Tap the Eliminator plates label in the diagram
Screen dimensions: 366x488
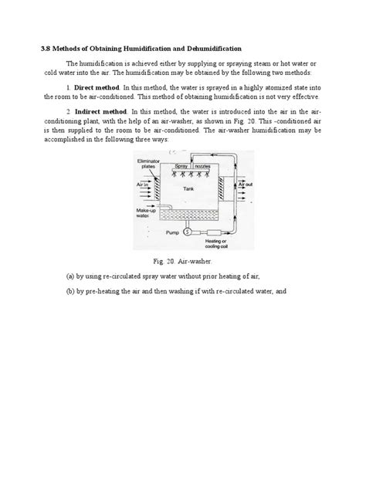coord(147,163)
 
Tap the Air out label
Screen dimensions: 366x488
coord(245,186)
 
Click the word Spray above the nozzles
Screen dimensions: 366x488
coord(182,167)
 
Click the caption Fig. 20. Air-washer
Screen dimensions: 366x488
coord(183,262)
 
